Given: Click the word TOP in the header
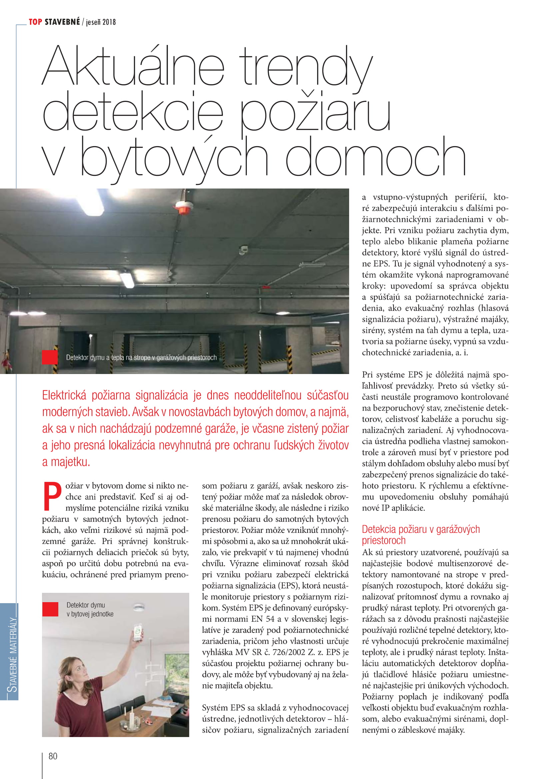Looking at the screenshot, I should click(35, 22).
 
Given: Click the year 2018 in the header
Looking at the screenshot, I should click(109, 22).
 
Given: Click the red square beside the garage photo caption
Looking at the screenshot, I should click(50, 357).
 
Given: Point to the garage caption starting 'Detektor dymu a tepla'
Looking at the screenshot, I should click(141, 358).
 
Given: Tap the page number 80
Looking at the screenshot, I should click(53, 756).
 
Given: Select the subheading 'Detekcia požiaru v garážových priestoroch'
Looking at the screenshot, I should click(421, 534).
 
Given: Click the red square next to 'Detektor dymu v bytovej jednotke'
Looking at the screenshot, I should click(50, 609).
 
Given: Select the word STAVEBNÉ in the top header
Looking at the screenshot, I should click(62, 22).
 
